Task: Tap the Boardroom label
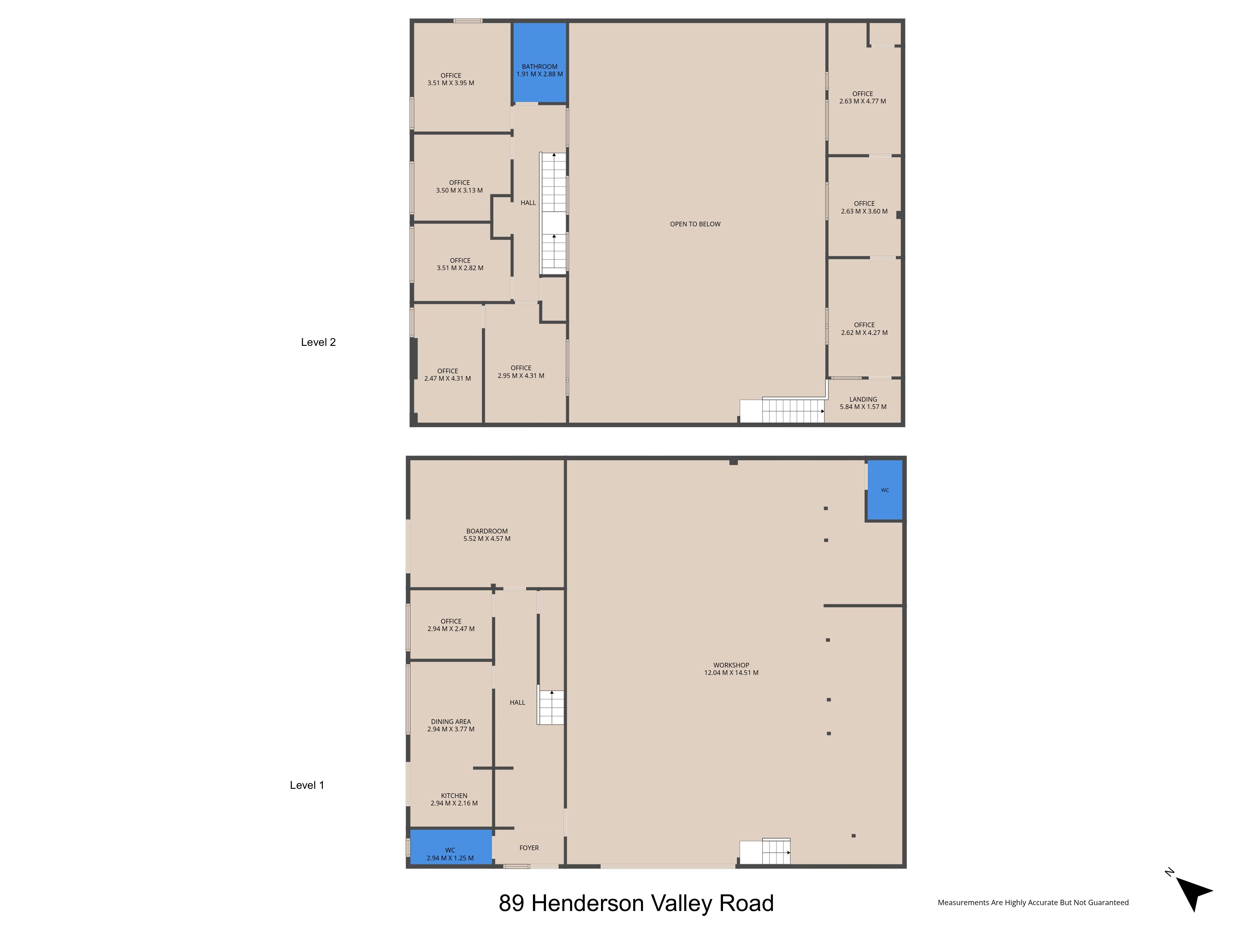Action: coord(487,531)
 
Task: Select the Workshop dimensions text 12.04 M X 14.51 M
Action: coord(731,672)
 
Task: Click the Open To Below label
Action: coord(695,224)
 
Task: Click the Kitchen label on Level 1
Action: coord(454,795)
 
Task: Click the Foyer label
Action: coord(529,848)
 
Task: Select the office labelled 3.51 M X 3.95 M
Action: coord(462,77)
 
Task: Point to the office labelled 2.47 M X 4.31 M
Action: coord(448,363)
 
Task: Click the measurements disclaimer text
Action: coord(1033,902)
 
